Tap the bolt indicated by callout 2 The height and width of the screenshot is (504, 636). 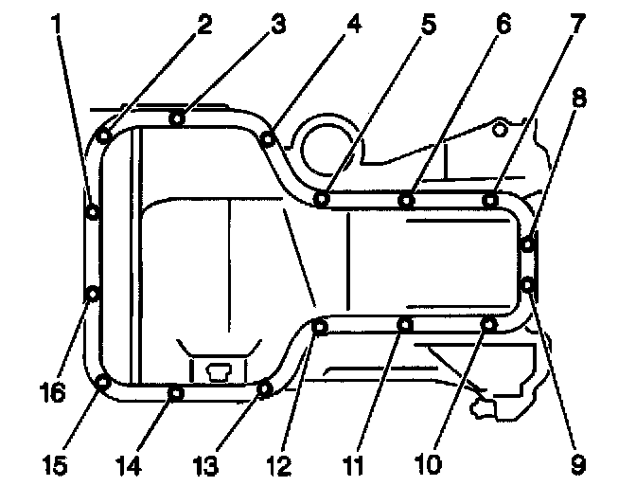tap(104, 135)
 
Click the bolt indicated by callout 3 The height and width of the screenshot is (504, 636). tap(177, 117)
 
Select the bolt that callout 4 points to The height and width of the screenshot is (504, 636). tap(269, 139)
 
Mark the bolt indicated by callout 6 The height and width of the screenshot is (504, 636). tap(405, 199)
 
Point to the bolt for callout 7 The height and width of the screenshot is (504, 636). tap(490, 199)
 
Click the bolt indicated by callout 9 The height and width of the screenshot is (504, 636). tap(528, 283)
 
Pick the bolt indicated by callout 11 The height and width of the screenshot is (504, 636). tap(404, 325)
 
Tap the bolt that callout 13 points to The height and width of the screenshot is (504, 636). tap(265, 387)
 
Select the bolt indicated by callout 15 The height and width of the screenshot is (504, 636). tap(103, 383)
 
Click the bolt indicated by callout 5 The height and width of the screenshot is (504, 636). tap(322, 199)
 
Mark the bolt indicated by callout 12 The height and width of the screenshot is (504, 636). tap(320, 328)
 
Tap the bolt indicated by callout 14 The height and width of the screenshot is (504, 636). tap(175, 391)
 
